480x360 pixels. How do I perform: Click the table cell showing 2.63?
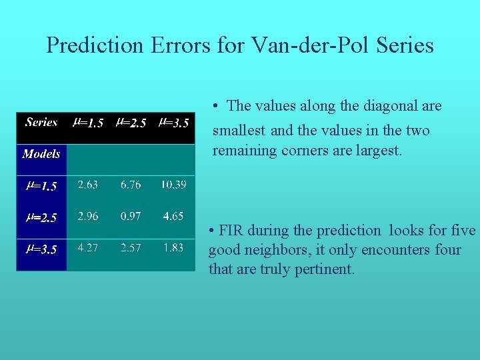tap(88, 185)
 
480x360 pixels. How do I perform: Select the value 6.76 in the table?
tap(131, 185)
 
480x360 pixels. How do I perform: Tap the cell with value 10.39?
tap(173, 185)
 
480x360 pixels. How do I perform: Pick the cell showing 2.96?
tap(88, 216)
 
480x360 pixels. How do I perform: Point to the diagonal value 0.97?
tap(131, 216)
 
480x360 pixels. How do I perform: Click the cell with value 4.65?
tap(173, 216)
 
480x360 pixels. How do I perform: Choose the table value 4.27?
tap(88, 247)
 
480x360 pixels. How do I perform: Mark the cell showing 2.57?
tap(131, 247)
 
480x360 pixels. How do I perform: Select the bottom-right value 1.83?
tap(173, 247)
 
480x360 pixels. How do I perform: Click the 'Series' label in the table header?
tap(41, 122)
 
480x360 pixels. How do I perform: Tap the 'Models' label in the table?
tap(41, 154)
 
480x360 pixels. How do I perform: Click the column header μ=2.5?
tap(131, 123)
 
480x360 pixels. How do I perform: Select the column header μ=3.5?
tap(173, 123)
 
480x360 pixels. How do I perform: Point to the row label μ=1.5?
tap(41, 186)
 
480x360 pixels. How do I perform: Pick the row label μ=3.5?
tap(41, 249)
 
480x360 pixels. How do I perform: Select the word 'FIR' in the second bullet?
tap(232, 231)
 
